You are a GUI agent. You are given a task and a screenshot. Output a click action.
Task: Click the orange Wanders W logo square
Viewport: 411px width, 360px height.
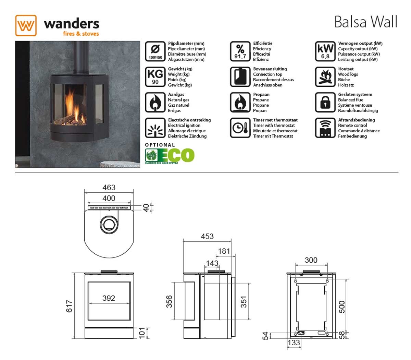(x=26, y=25)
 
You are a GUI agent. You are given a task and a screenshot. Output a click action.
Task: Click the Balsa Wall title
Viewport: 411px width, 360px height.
(x=365, y=22)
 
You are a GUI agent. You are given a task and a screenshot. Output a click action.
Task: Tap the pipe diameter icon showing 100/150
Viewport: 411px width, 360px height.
(x=155, y=51)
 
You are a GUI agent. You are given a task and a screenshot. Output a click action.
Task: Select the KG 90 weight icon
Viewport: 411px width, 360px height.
(x=155, y=76)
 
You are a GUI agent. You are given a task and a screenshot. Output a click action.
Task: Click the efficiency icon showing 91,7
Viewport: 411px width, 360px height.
(x=240, y=51)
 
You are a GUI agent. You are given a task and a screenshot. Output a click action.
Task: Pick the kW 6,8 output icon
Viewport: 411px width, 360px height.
(x=325, y=51)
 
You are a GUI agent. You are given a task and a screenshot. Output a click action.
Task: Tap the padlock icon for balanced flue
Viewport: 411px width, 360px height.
(x=325, y=102)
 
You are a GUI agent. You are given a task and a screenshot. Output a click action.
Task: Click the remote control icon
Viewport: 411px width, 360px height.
(x=325, y=128)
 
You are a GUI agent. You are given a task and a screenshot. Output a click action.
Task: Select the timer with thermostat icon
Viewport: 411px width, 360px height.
(x=240, y=128)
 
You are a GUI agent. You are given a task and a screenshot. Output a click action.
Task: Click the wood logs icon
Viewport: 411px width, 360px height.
(x=325, y=76)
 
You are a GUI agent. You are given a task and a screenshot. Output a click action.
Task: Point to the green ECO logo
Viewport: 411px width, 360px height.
(x=170, y=155)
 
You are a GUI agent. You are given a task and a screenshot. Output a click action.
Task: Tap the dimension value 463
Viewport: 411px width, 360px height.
(x=109, y=188)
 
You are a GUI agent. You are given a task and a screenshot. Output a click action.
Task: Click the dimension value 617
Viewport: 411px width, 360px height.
(x=69, y=306)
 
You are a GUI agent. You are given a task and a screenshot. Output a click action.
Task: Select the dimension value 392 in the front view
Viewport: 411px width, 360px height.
(x=109, y=298)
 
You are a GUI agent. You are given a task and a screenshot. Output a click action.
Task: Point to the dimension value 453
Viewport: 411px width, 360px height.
(x=207, y=236)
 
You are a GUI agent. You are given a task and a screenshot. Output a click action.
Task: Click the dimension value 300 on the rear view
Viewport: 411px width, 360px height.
(x=311, y=260)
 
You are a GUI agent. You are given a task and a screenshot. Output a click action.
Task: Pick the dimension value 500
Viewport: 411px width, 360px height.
(x=342, y=307)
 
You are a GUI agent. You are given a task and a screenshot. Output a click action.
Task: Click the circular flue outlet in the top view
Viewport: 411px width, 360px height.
(x=110, y=223)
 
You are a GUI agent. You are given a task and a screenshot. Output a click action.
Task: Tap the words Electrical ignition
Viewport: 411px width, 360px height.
(x=184, y=125)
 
